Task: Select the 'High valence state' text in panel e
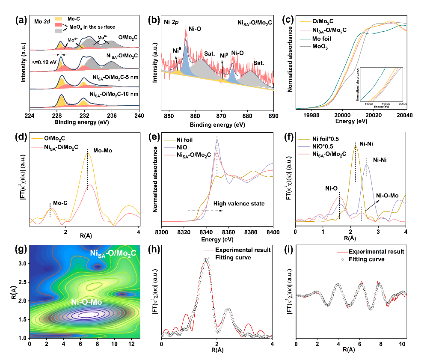(239, 204)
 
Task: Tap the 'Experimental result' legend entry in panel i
(376, 251)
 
